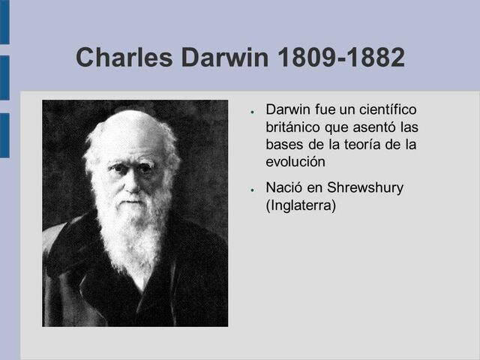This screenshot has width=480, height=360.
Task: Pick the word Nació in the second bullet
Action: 284,187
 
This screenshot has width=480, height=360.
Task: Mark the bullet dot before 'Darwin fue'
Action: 255,112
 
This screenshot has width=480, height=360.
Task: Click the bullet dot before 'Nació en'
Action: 255,189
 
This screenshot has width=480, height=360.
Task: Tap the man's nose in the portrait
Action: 132,180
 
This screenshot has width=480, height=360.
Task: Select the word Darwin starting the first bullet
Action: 288,111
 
